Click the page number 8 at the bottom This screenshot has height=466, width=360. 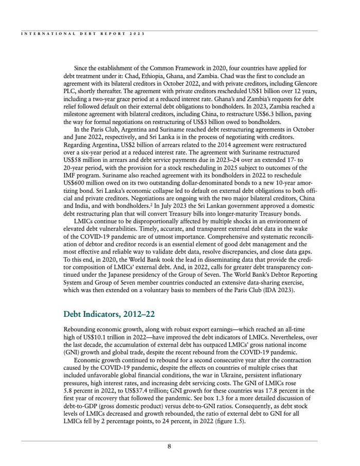click(169, 446)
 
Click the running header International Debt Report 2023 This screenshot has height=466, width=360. click(83, 33)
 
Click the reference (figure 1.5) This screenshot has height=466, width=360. click(226, 421)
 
